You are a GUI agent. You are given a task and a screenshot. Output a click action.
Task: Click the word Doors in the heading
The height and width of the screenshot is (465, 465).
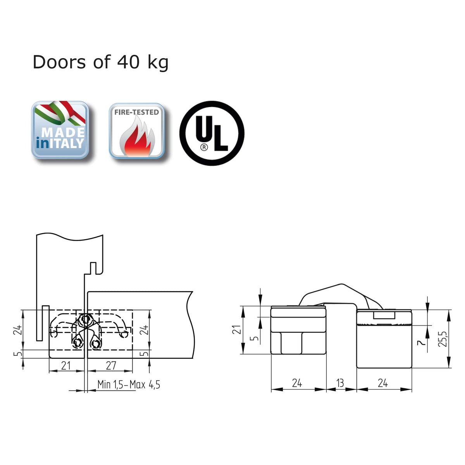pos(59,62)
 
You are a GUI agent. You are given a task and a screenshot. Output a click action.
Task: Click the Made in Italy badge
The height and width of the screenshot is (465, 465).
pos(60,130)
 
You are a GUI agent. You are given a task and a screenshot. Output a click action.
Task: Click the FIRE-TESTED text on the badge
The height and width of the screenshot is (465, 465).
pos(136,112)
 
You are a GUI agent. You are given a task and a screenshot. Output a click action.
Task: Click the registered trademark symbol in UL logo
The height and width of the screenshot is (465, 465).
pos(204,147)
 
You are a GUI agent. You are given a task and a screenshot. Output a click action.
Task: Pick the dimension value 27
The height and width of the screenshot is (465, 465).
pos(111,365)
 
